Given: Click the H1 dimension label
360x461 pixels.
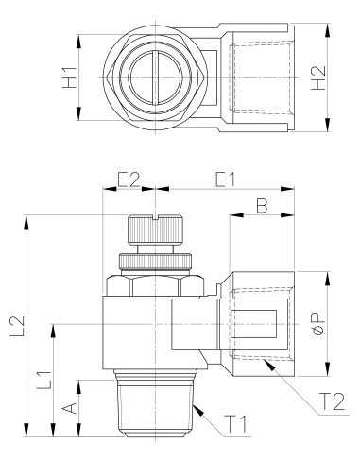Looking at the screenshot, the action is [69, 77].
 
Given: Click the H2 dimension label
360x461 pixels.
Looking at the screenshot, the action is [318, 78].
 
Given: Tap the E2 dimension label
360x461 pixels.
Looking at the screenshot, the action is [129, 179].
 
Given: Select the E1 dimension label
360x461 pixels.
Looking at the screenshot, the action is [225, 179].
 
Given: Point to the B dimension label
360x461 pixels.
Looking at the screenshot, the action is [262, 206].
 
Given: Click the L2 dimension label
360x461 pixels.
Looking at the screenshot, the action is [17, 326].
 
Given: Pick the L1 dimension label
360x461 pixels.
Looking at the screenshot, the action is [43, 380].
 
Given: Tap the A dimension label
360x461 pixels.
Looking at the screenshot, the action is [70, 408].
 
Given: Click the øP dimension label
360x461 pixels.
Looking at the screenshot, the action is [318, 323].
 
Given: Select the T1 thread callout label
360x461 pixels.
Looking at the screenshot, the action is [235, 424].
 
